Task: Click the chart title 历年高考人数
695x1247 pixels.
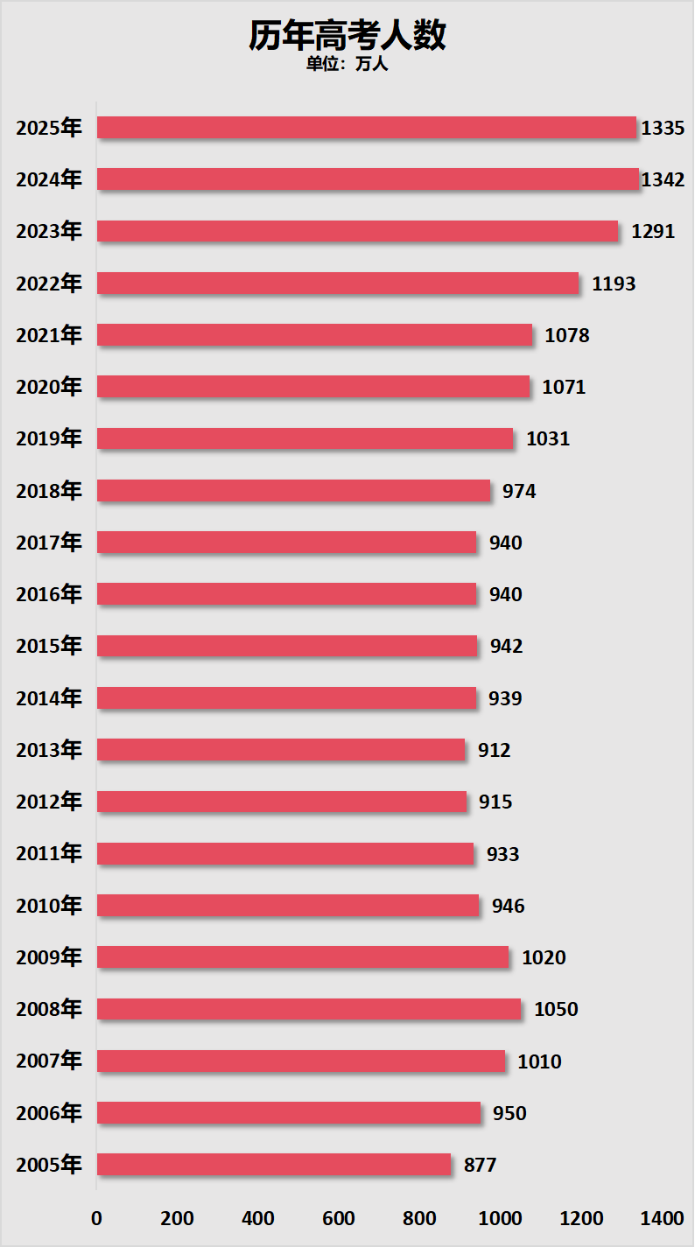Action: [x=347, y=36]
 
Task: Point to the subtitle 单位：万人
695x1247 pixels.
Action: [x=347, y=64]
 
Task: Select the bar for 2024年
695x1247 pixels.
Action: [x=368, y=179]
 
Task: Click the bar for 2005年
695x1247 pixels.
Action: [x=274, y=1165]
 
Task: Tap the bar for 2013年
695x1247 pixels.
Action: [x=281, y=750]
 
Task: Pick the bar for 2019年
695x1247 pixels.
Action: [x=305, y=438]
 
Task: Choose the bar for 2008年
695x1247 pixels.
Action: [x=309, y=1009]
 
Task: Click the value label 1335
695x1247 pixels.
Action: [x=663, y=129]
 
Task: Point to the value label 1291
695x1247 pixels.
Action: [x=653, y=232]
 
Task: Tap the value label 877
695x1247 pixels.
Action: [x=481, y=1166]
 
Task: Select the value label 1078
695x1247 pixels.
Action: [x=567, y=336]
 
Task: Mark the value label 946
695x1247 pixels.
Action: [x=509, y=906]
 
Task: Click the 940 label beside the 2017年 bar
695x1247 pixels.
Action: [x=506, y=543]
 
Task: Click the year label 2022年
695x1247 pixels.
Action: [x=49, y=284]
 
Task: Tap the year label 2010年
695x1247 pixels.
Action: [x=49, y=906]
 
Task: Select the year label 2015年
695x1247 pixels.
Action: [x=49, y=647]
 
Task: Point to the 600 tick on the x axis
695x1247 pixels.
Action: [x=339, y=1219]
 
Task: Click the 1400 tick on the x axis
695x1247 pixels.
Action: [x=662, y=1219]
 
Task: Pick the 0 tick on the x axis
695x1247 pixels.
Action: [x=96, y=1219]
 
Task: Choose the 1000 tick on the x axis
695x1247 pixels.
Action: [x=500, y=1219]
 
